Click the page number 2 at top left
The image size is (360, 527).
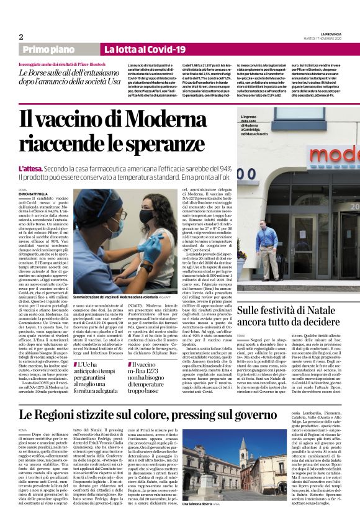20,37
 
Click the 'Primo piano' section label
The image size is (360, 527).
62,49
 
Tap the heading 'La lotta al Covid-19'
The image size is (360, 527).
145,49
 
